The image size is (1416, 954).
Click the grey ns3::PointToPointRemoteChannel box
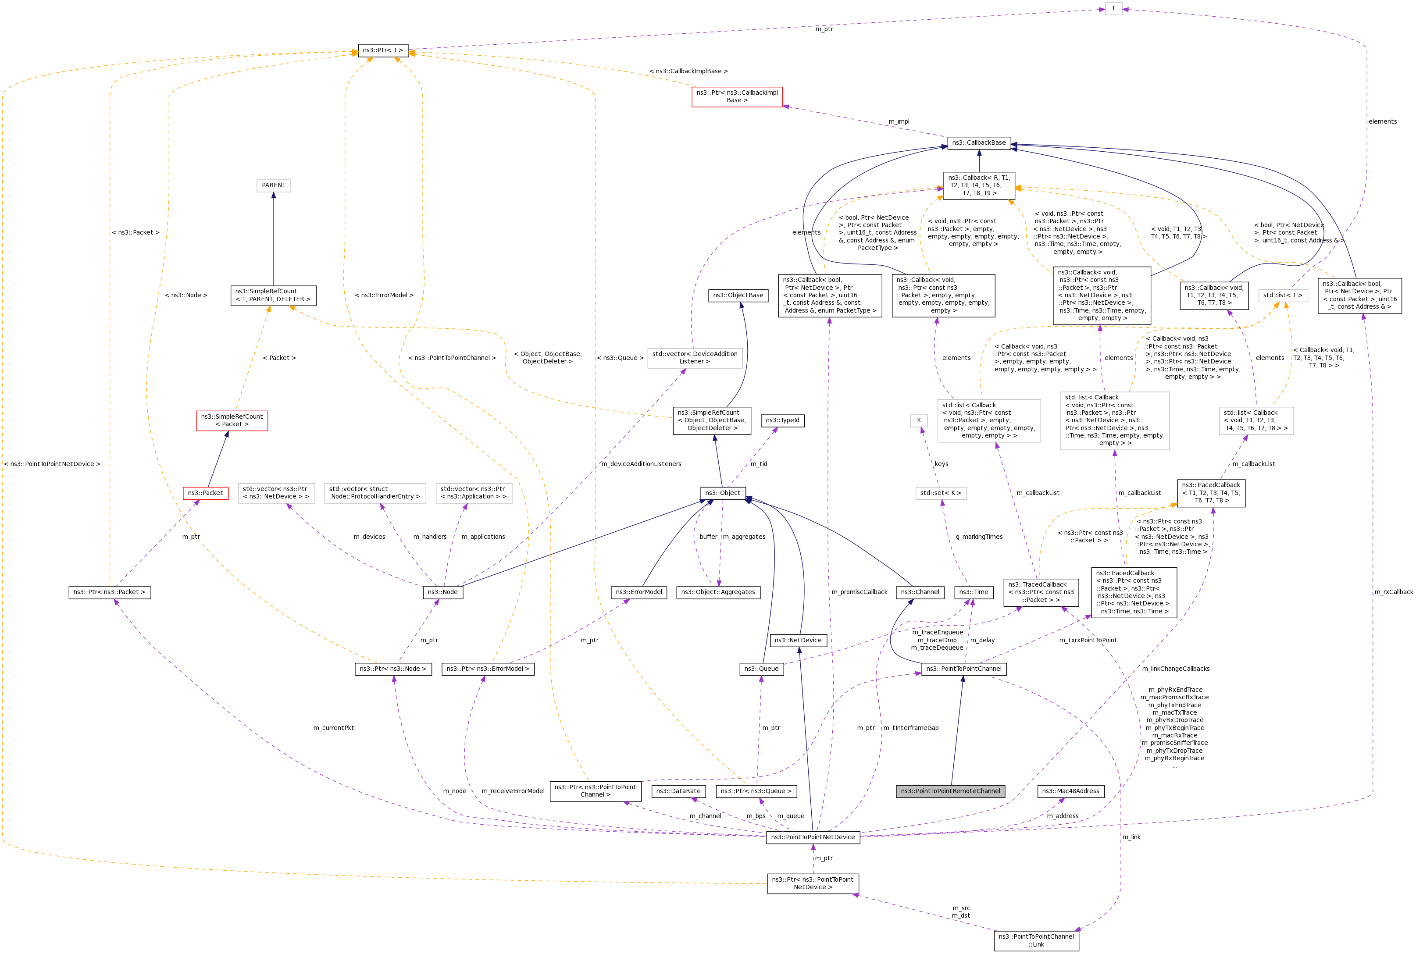(x=950, y=791)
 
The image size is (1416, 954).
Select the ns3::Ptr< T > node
(x=383, y=50)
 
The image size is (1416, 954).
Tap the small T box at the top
(x=1113, y=8)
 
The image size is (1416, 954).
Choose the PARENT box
(x=273, y=185)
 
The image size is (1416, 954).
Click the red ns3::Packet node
(x=205, y=493)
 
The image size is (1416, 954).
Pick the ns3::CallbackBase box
(x=978, y=142)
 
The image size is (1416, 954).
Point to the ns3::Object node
(x=722, y=493)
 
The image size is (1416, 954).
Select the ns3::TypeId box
(x=782, y=420)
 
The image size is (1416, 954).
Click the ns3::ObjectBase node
(x=738, y=295)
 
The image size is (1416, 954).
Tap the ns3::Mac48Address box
(x=1070, y=791)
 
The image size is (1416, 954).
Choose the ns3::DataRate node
(x=678, y=791)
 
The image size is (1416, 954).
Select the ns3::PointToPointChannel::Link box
(x=1036, y=940)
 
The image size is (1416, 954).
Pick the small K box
(x=918, y=420)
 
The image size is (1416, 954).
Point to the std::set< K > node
(x=940, y=493)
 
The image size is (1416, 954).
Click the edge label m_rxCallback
(x=1394, y=592)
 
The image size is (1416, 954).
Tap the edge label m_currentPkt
(x=333, y=728)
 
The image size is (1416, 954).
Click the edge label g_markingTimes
(x=978, y=537)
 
